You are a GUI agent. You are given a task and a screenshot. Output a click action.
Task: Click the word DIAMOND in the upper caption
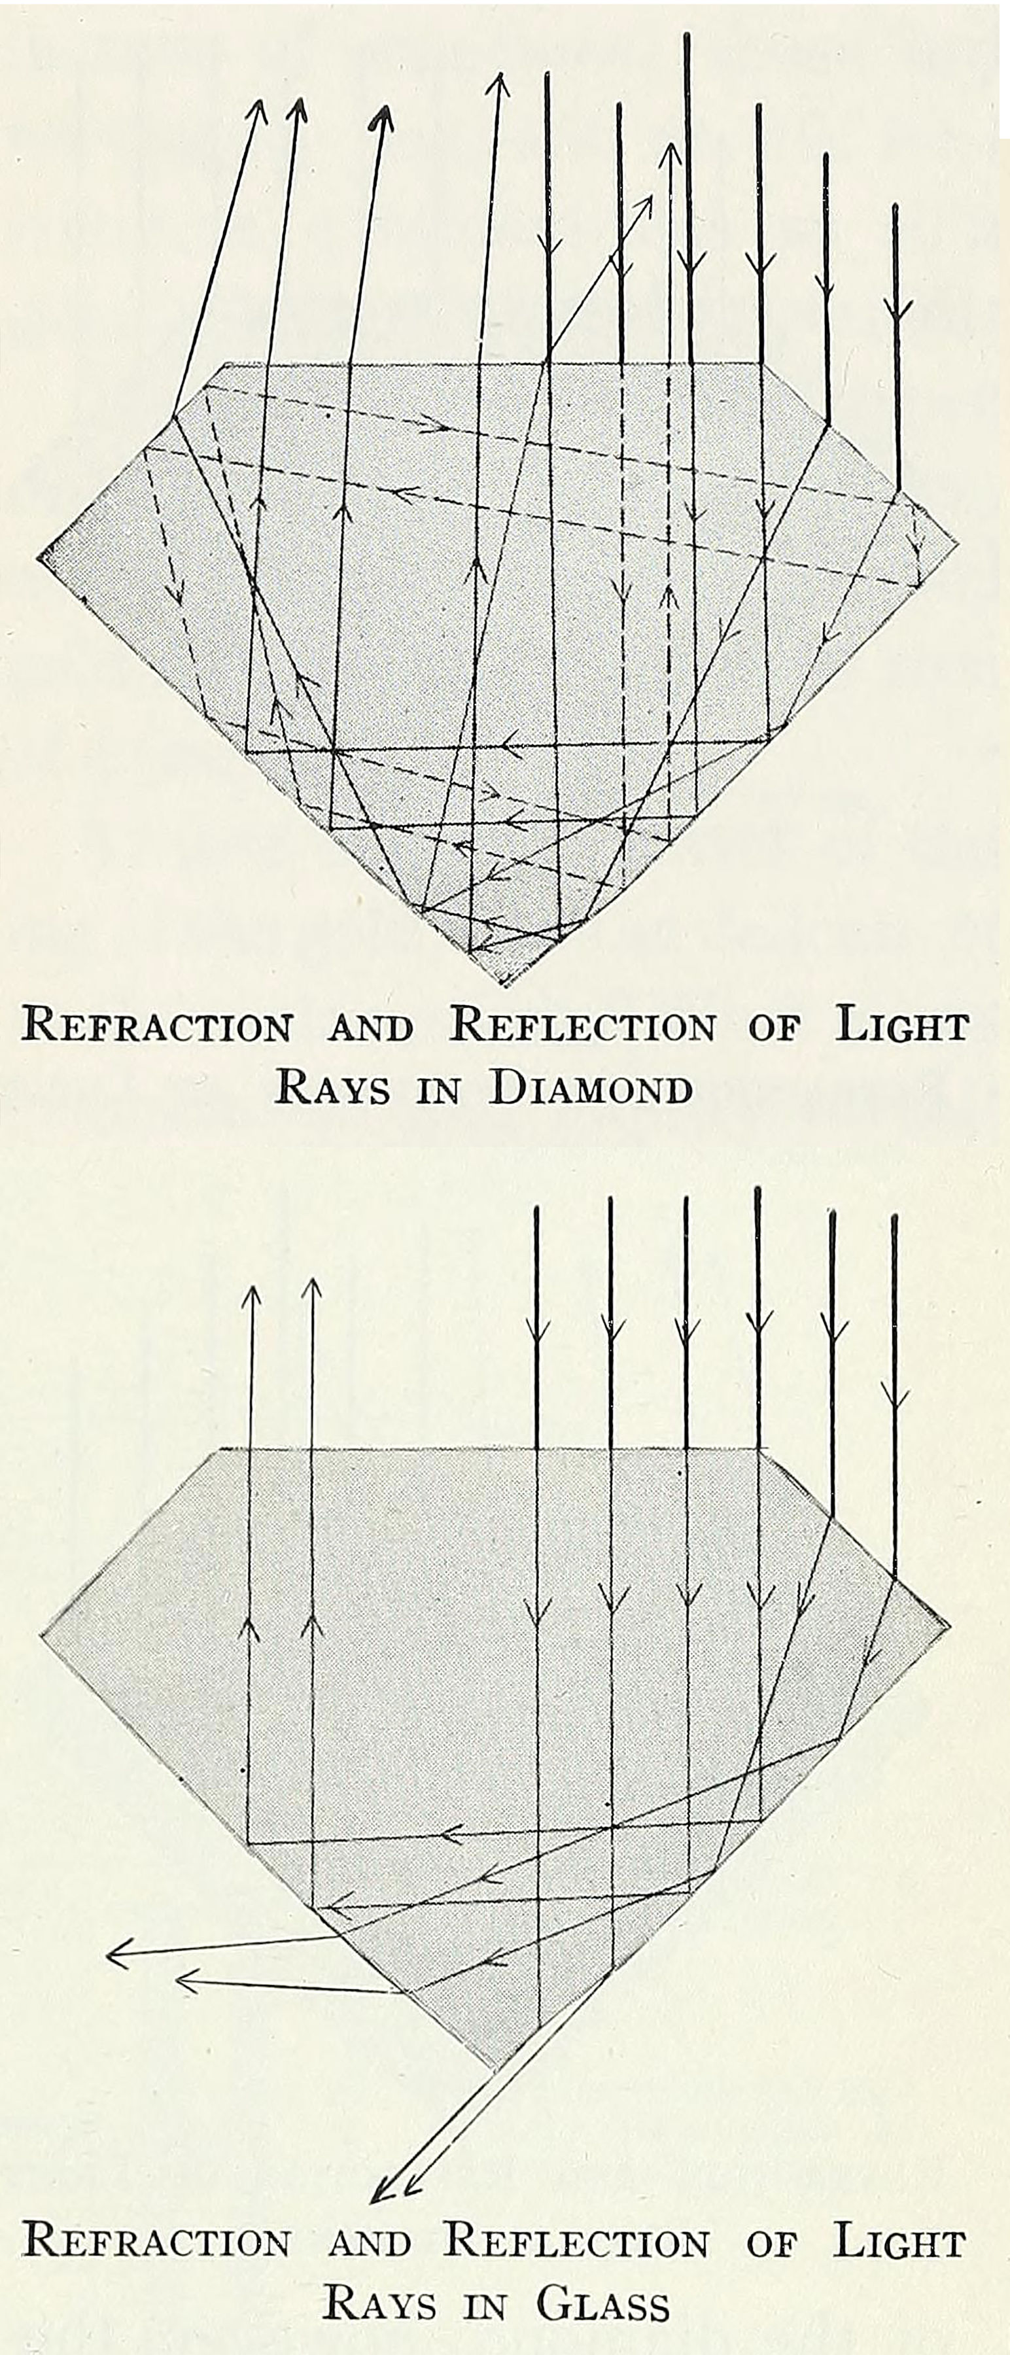coord(591,1088)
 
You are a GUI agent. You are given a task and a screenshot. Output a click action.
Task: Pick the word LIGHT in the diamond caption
coord(901,1025)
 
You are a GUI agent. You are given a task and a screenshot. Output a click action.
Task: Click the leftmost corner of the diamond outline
coord(39,556)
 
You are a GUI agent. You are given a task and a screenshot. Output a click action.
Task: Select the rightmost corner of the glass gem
coord(950,1628)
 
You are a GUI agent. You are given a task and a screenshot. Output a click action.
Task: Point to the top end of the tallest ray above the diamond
coord(686,35)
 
